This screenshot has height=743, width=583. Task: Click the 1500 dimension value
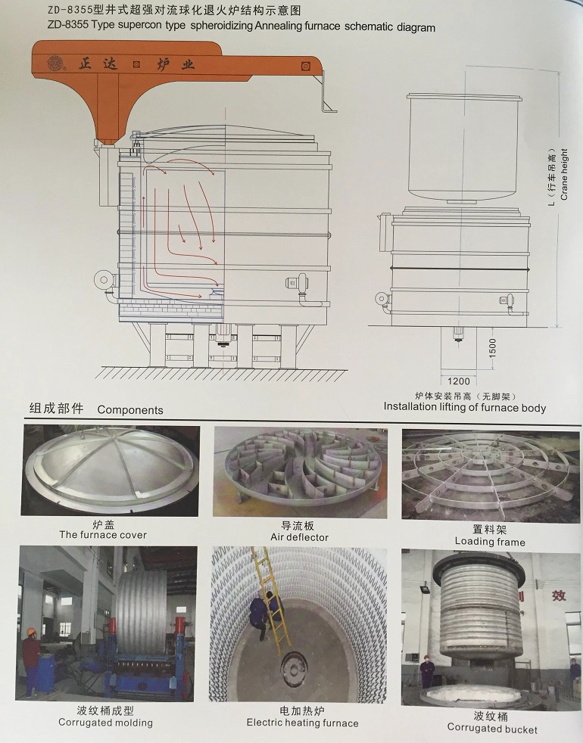492,348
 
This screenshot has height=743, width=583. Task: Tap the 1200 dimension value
458,381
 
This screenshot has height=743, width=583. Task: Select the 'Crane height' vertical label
564,174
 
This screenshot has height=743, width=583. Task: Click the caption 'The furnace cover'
103,535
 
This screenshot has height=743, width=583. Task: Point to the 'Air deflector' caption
299,537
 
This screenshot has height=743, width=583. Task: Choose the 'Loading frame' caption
490,542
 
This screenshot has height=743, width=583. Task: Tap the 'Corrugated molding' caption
106,723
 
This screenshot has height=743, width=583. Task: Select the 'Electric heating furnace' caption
303,723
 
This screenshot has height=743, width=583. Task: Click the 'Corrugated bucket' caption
492,729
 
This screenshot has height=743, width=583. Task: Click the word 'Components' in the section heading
130,410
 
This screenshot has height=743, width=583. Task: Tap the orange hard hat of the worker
31,632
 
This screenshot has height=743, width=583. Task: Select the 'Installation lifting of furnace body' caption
465,407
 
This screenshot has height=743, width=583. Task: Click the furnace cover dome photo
110,471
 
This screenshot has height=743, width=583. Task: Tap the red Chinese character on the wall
559,595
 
